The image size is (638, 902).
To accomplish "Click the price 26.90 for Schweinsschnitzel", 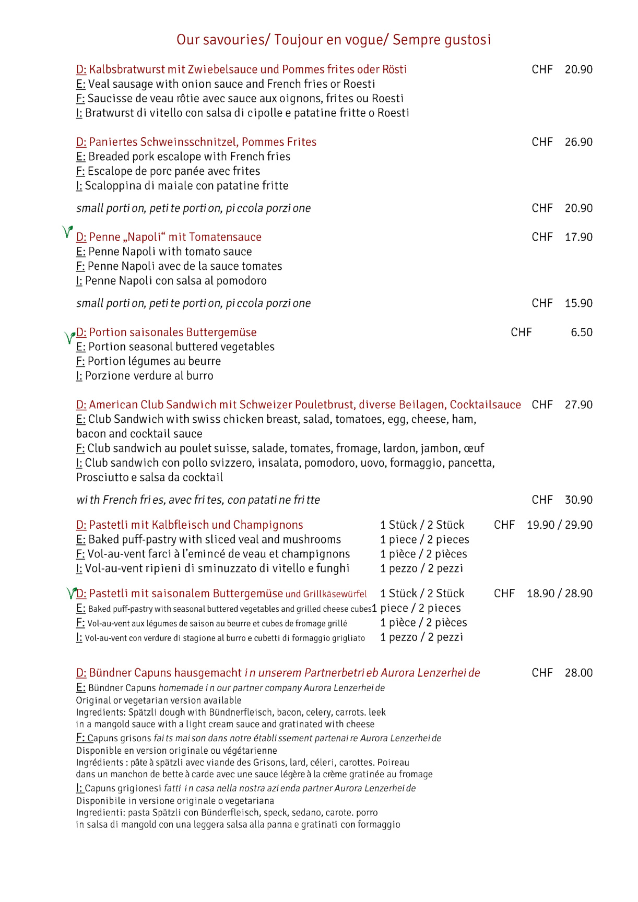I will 578,142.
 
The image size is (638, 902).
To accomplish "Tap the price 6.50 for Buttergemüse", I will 581,333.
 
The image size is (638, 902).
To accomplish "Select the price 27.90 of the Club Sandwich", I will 578,405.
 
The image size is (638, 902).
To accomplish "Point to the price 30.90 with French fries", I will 578,500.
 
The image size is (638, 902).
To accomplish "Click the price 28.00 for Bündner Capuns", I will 578,673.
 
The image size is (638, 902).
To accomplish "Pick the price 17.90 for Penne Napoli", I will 578,237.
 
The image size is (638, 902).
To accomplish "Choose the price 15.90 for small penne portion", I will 578,303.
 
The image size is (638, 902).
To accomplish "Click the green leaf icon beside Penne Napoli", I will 67,231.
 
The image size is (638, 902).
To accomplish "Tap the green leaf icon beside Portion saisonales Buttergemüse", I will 69,337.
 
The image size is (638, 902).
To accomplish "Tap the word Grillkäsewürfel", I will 335,594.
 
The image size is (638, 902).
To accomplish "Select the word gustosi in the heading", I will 468,40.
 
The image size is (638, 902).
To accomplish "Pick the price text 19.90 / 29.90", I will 559,525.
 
